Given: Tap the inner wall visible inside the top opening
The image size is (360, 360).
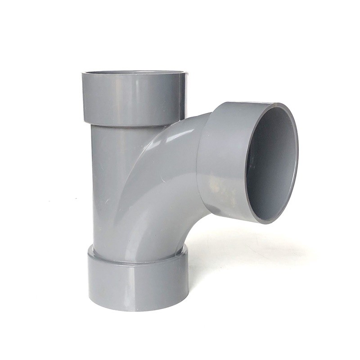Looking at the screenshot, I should (x=135, y=73).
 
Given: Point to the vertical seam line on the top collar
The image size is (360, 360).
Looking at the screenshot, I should (x=180, y=97).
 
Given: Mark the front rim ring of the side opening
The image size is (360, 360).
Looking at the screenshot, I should (x=295, y=148).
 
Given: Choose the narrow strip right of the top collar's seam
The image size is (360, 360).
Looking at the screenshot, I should (x=183, y=97).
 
